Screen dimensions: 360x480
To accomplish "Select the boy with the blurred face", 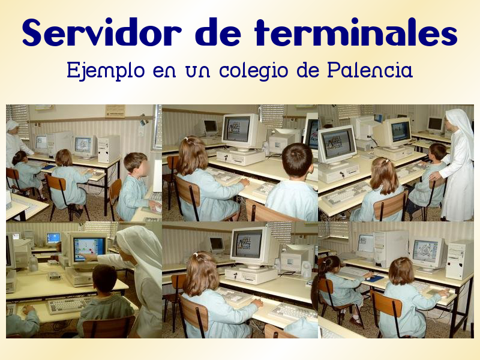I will (133, 188).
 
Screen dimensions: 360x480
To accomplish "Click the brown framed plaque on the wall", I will (115, 111).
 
